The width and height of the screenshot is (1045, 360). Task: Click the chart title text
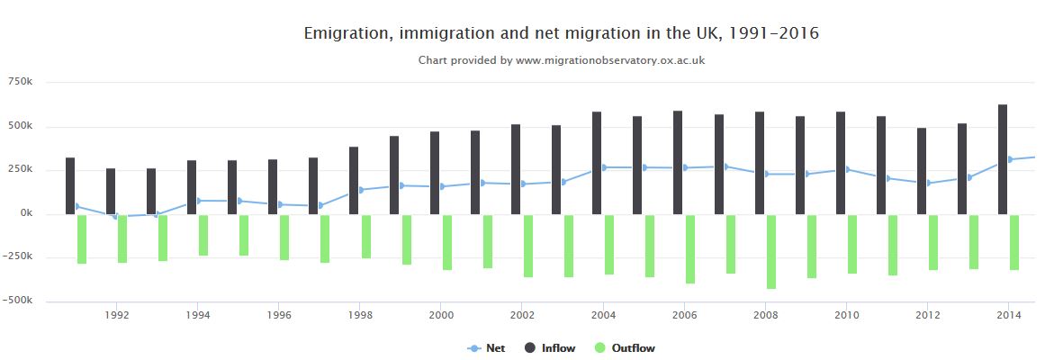point(561,33)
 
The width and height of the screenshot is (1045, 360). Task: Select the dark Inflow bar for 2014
point(1003,159)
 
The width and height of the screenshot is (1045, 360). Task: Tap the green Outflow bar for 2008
point(771,252)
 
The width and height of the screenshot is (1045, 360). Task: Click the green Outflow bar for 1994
point(203,235)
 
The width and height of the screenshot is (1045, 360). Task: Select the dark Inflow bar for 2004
point(597,163)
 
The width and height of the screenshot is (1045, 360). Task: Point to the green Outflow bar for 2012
point(933,242)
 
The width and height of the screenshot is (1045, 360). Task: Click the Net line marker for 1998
point(362,190)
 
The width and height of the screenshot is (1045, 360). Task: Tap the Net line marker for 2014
point(1010,159)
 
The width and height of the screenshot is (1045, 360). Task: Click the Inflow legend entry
point(549,348)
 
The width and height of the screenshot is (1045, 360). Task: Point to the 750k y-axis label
point(20,82)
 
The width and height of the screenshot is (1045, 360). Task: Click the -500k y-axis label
point(18,301)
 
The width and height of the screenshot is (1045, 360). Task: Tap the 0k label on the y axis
point(23,213)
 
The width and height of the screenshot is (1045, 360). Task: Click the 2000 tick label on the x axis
point(441,315)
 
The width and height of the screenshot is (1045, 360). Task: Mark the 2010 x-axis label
point(846,315)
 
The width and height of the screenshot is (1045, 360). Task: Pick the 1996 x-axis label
point(279,315)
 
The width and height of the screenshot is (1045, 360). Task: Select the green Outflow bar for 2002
point(528,246)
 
